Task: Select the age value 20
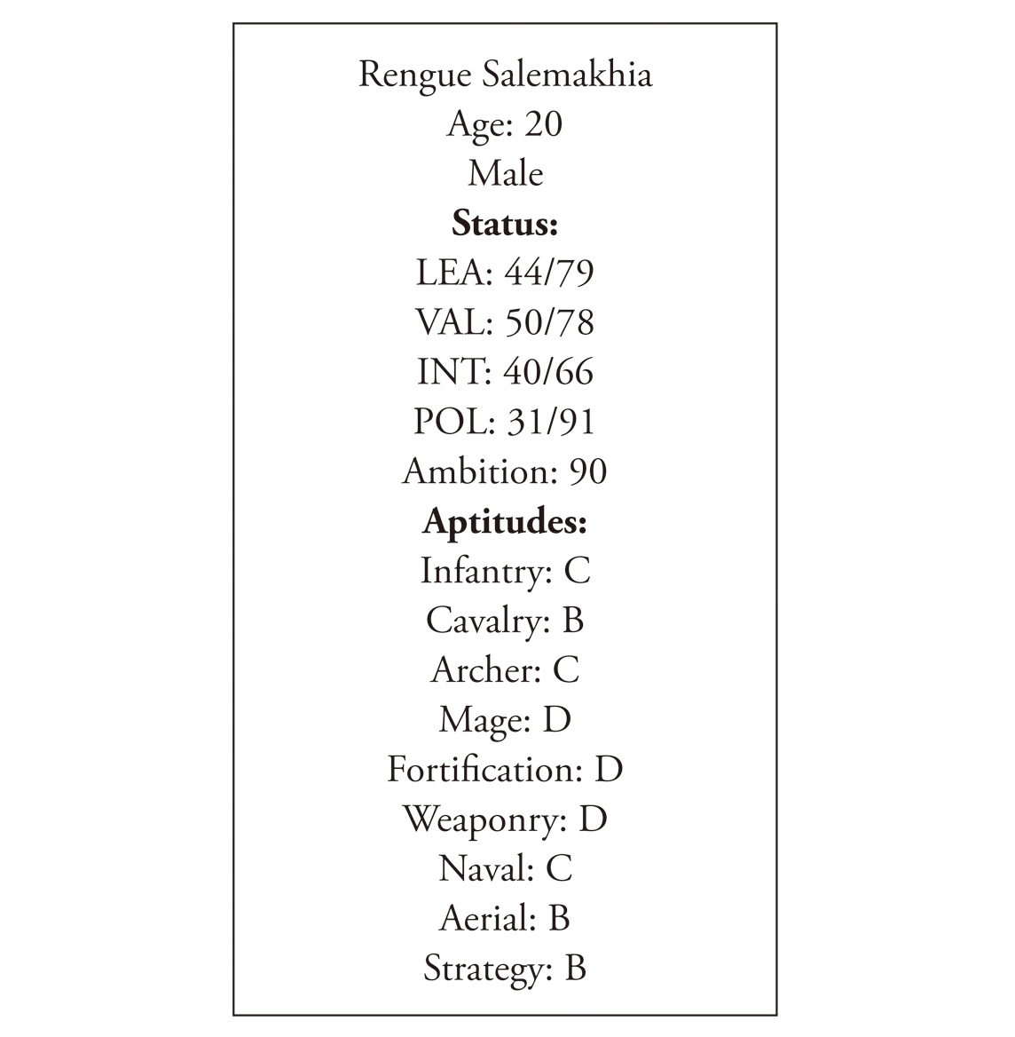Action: point(543,123)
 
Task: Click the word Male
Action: point(506,173)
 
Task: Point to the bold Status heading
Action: point(505,223)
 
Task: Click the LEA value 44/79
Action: point(549,272)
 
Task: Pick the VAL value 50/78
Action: point(549,321)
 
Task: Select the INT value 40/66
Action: point(548,371)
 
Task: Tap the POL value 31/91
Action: point(550,421)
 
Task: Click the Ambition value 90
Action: point(587,471)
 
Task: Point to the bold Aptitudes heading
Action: point(505,521)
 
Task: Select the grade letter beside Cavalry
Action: point(573,620)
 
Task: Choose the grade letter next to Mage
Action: point(557,719)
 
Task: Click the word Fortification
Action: point(484,769)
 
